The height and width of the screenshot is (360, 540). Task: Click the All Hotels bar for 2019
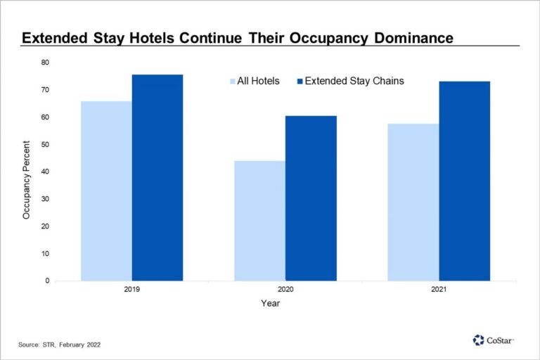(x=106, y=191)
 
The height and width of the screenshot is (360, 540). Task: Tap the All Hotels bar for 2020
(x=260, y=221)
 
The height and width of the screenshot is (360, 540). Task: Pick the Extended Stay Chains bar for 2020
(x=311, y=198)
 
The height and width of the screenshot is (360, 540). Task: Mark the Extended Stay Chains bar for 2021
(x=465, y=181)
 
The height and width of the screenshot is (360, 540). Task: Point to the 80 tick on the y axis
(x=45, y=63)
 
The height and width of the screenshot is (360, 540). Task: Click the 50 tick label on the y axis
(x=45, y=144)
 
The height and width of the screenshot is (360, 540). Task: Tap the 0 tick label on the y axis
(x=47, y=281)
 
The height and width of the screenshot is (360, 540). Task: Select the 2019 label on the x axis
(x=132, y=289)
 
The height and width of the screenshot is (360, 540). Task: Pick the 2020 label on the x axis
(x=285, y=289)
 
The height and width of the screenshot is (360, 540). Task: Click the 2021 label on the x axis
(x=439, y=289)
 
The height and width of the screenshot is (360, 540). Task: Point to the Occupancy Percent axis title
(x=27, y=172)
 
